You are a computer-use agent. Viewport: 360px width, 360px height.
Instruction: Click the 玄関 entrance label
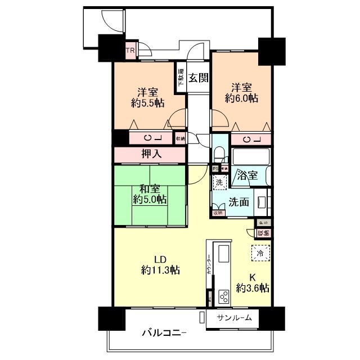coord(198,78)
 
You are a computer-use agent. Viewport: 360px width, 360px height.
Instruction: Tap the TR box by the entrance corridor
coord(130,52)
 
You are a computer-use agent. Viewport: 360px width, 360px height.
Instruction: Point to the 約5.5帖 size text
coord(148,103)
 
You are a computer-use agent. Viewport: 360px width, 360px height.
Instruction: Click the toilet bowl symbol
coord(220,154)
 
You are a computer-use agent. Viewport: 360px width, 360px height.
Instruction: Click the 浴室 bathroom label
coord(247,175)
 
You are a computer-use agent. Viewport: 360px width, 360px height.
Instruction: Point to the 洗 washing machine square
coord(219,182)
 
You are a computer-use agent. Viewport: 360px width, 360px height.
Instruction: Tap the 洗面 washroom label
coord(239,202)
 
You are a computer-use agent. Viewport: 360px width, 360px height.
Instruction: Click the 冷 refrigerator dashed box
coord(260,253)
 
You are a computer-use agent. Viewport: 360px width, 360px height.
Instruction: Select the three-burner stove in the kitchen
coord(223,296)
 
